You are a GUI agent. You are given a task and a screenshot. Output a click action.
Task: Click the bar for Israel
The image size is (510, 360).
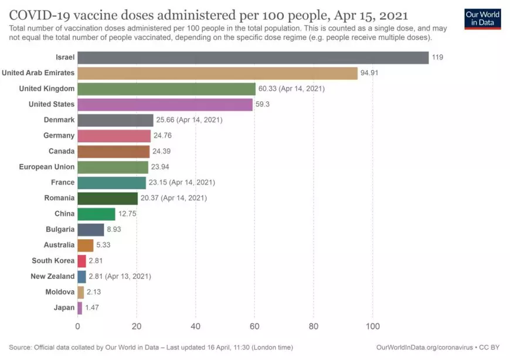tap(253, 57)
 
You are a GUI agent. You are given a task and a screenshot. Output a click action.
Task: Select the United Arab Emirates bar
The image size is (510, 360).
tap(217, 73)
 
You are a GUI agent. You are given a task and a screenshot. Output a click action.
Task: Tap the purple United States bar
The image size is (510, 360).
tap(165, 104)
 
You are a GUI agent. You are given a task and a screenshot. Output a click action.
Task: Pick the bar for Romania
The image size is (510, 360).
tap(107, 198)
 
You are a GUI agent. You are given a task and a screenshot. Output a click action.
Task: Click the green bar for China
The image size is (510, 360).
tap(96, 214)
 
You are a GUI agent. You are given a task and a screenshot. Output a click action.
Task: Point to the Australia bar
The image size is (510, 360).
tap(85, 245)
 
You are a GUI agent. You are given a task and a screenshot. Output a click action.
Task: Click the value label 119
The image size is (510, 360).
tap(438, 57)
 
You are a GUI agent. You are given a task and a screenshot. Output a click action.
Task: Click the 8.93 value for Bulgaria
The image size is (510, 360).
tap(114, 229)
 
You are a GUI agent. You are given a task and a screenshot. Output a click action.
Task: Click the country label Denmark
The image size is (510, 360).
tap(59, 120)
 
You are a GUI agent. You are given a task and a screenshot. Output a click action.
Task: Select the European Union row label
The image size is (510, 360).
tap(47, 167)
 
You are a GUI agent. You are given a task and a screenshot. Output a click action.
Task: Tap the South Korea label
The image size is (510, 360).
tap(53, 260)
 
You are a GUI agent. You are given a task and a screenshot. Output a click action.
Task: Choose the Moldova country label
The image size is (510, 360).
tap(60, 291)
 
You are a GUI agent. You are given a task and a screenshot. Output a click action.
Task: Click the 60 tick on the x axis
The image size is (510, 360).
tap(254, 327)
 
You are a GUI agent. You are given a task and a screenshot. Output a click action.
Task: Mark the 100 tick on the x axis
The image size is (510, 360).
tap(372, 327)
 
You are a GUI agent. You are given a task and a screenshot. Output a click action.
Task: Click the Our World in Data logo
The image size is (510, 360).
tap(482, 18)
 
